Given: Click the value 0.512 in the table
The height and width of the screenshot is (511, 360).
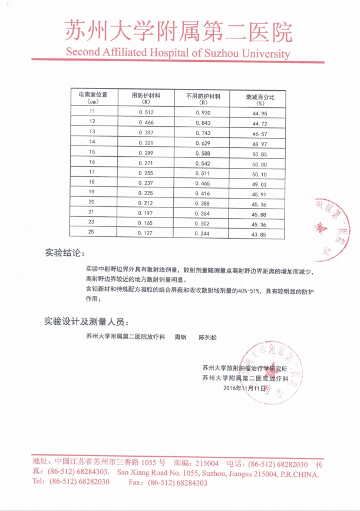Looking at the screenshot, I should coord(146,112).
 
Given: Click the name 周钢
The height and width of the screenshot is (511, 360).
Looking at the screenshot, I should coord(180,338).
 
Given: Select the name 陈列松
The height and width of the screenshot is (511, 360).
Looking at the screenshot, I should coord(207,338).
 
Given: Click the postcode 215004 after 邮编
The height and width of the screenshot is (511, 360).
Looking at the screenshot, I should coord(207,463).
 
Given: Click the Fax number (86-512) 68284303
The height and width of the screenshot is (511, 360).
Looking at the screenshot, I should coord(176,483).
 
